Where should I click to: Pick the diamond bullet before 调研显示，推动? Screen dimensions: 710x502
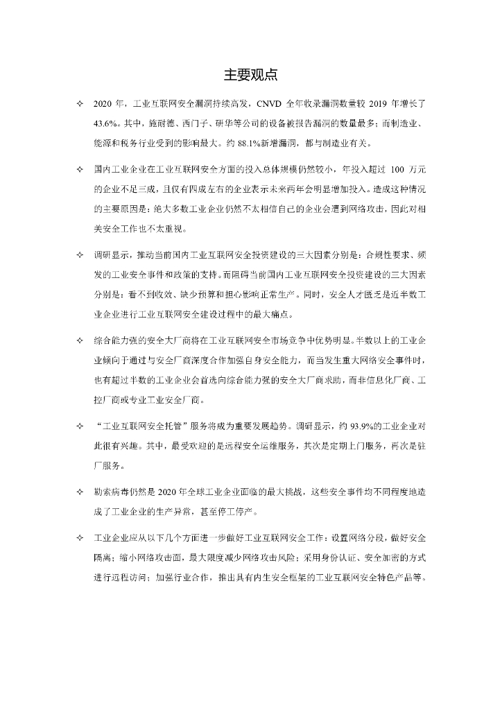point(78,254)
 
